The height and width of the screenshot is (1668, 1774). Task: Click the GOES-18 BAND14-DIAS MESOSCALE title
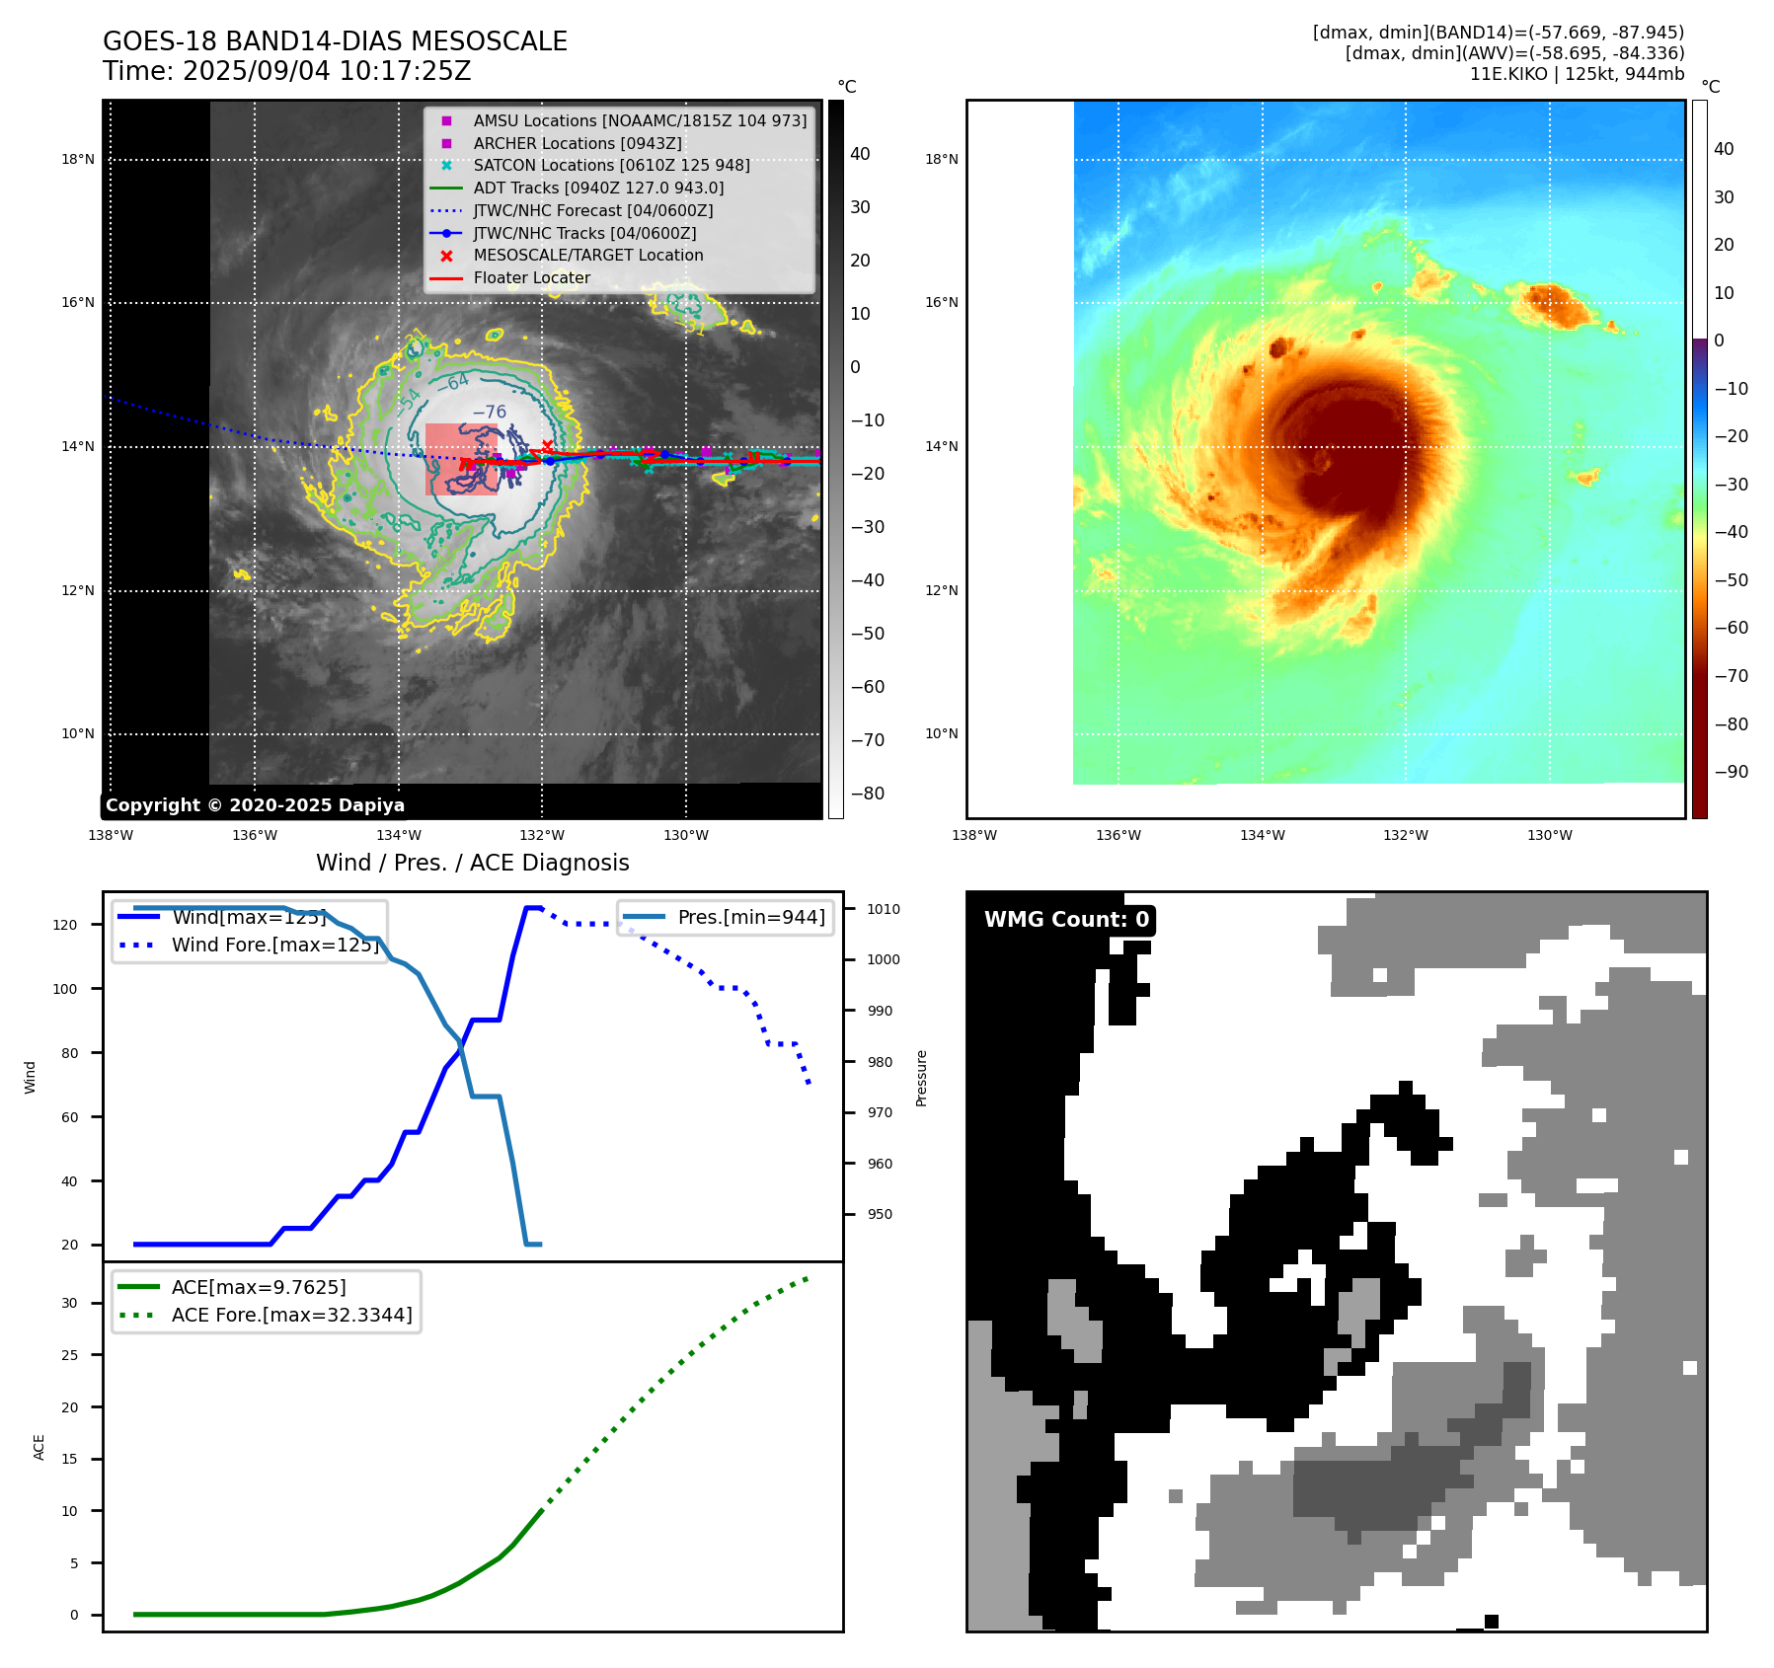tap(335, 41)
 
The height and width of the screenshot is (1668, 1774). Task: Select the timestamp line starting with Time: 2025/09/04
tap(286, 71)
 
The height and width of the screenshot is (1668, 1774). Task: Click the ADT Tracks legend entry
tap(597, 188)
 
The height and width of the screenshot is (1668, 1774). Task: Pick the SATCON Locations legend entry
tap(611, 165)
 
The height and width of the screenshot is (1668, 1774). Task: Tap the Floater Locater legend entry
tap(531, 278)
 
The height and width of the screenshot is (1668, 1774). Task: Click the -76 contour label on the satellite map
tap(489, 412)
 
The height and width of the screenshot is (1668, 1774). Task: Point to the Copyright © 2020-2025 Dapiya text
tap(255, 805)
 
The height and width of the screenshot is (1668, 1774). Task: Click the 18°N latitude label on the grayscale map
tap(78, 159)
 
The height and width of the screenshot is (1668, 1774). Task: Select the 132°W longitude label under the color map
tap(1405, 835)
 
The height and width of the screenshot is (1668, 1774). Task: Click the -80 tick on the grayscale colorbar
tap(868, 794)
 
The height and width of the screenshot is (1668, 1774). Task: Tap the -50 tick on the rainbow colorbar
tap(1731, 579)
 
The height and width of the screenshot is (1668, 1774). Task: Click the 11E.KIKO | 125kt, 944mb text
tap(1577, 74)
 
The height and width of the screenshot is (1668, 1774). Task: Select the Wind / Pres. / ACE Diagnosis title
tap(472, 863)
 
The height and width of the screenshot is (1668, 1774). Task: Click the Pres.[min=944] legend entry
tap(750, 917)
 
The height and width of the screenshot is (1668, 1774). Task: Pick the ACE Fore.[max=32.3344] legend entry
tap(291, 1315)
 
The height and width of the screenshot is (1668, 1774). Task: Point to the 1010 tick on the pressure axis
tap(884, 909)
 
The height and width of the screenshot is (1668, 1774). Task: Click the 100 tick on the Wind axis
tap(65, 989)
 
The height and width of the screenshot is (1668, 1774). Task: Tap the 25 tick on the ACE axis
tap(69, 1355)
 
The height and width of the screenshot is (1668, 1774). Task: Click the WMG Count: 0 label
tap(1066, 920)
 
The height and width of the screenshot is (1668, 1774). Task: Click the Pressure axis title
tap(921, 1078)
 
